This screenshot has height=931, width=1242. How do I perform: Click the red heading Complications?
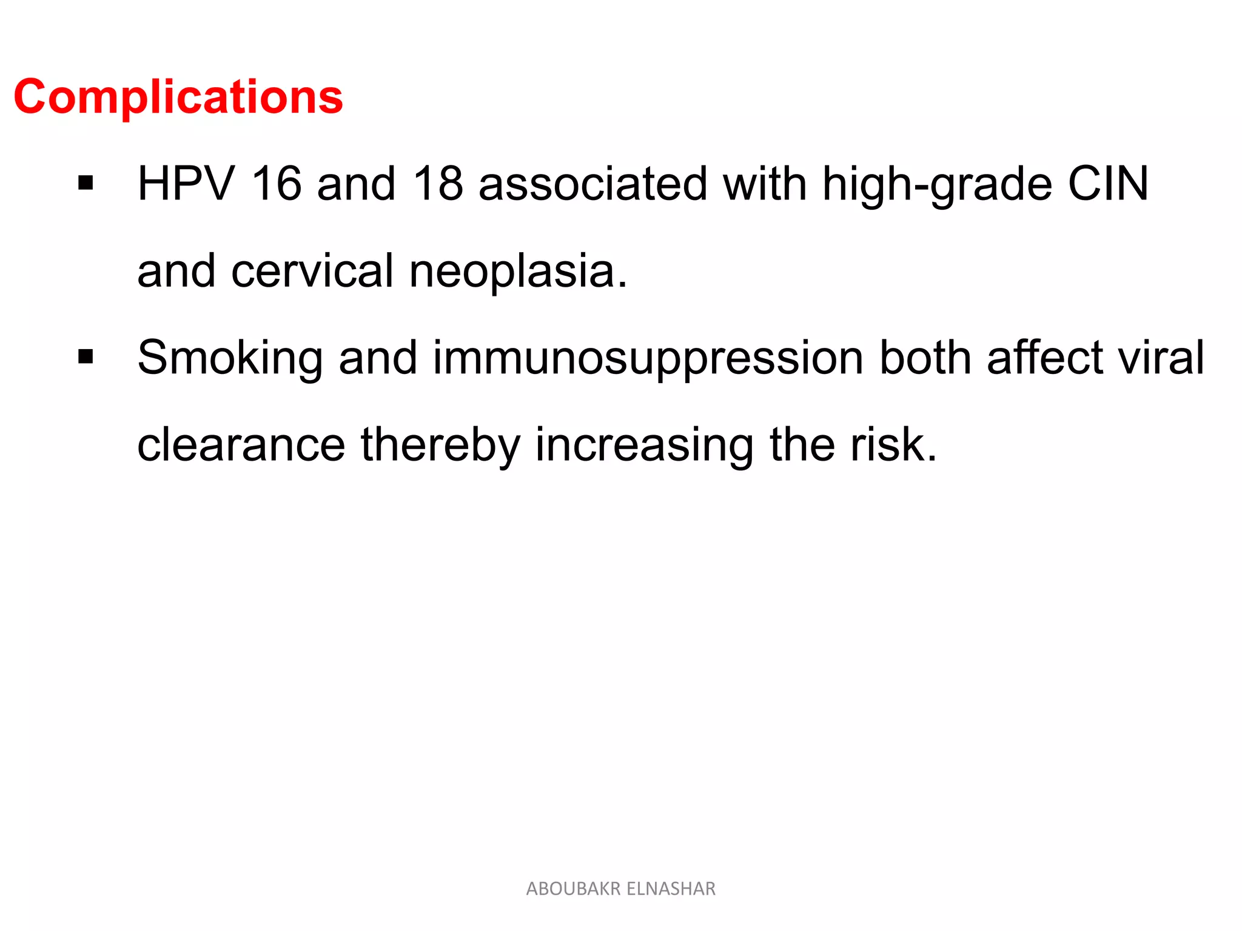[178, 97]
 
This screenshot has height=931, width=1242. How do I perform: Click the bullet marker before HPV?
[86, 183]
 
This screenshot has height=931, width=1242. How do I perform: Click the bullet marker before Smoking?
[86, 357]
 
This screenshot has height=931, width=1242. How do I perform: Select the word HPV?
[186, 184]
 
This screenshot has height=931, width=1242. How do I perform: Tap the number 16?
[277, 184]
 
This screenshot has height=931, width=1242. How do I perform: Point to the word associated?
[592, 184]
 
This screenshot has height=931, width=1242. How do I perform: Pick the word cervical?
[312, 271]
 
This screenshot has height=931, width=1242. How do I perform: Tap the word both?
[925, 358]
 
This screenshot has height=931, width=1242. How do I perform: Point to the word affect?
[1045, 358]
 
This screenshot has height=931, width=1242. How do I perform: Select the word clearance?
[241, 445]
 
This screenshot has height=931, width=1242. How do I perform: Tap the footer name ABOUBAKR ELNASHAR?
[620, 889]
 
